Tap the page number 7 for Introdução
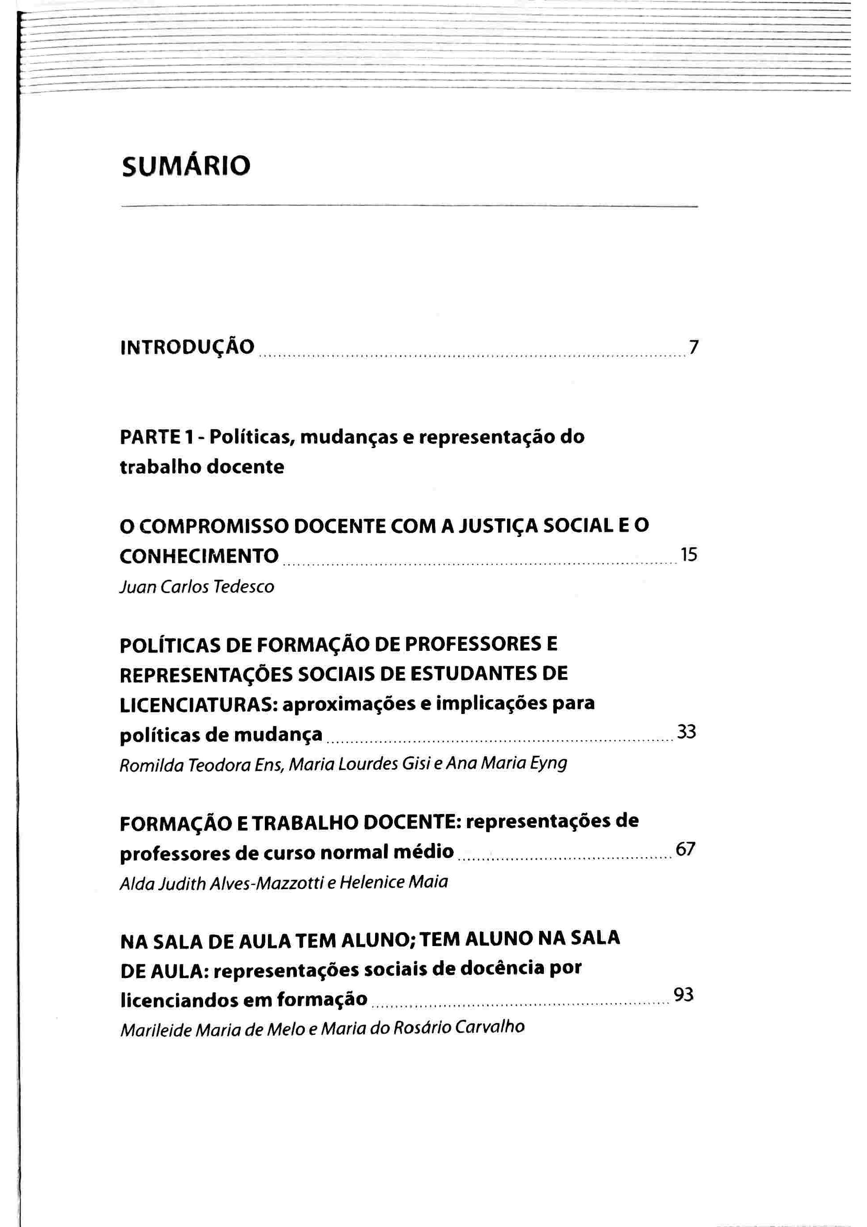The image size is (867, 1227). point(693,348)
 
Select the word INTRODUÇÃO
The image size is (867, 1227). point(188,347)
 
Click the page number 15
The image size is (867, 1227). point(689,555)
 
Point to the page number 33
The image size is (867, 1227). point(687,732)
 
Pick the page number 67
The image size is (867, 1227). point(685,849)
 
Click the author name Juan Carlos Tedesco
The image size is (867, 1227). point(196,587)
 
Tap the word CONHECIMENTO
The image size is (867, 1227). point(199,556)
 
